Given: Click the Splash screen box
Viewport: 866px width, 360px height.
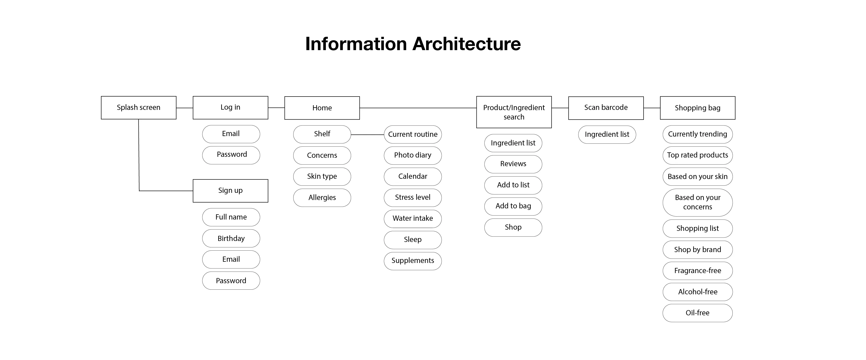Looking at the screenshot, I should (x=138, y=108).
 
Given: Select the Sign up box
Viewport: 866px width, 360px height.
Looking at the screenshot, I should (x=230, y=191).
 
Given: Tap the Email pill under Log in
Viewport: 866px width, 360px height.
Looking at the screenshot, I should (x=231, y=134).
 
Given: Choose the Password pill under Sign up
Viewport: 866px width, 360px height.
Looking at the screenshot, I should (x=231, y=281).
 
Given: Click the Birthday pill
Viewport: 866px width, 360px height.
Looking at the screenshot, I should (x=231, y=238).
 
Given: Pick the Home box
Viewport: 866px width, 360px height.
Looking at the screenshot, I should (x=322, y=108).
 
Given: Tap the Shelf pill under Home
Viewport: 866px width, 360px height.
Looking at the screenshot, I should (x=322, y=134).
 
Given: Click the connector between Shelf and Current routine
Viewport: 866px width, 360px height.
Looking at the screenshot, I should (x=367, y=135).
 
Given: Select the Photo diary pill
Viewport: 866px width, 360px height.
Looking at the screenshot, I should (x=413, y=155).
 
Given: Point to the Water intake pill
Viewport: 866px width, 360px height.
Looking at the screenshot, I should (x=413, y=219).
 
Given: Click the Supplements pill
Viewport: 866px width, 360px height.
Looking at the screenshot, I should (x=413, y=261).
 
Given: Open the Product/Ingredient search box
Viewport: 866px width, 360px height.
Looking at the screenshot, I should (x=514, y=112).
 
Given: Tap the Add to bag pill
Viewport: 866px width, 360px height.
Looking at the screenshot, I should (x=513, y=206).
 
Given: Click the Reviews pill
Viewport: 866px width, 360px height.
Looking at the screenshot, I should (x=513, y=164).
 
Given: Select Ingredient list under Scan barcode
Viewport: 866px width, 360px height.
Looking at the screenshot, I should (x=607, y=135).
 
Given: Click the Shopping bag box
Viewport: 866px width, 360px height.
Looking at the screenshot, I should (x=698, y=108).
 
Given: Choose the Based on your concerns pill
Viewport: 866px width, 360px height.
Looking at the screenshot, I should (x=698, y=202).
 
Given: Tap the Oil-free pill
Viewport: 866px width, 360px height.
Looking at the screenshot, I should (x=698, y=313).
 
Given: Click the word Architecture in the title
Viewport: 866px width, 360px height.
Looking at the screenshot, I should (x=466, y=44).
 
